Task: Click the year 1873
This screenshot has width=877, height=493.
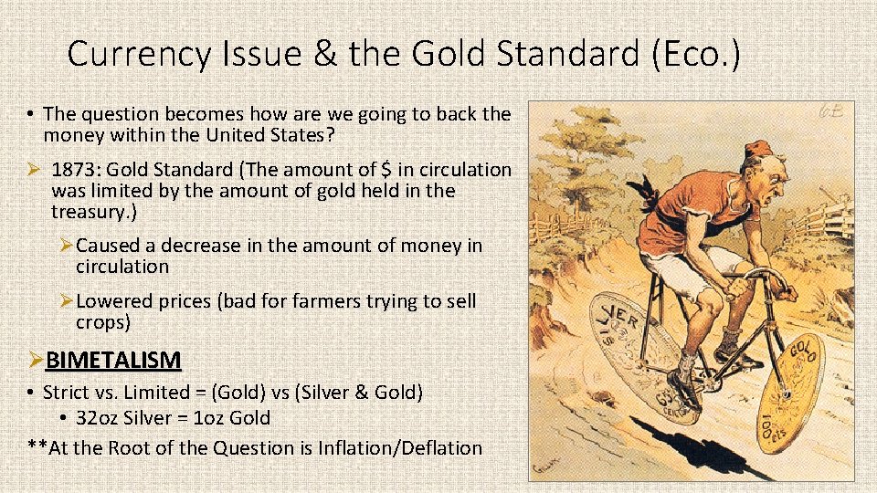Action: [76, 170]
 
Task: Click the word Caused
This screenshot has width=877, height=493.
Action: [108, 246]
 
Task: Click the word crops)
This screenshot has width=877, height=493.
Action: [103, 322]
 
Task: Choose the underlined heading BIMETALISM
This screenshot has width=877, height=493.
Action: [113, 361]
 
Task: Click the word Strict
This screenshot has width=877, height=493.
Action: [66, 393]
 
